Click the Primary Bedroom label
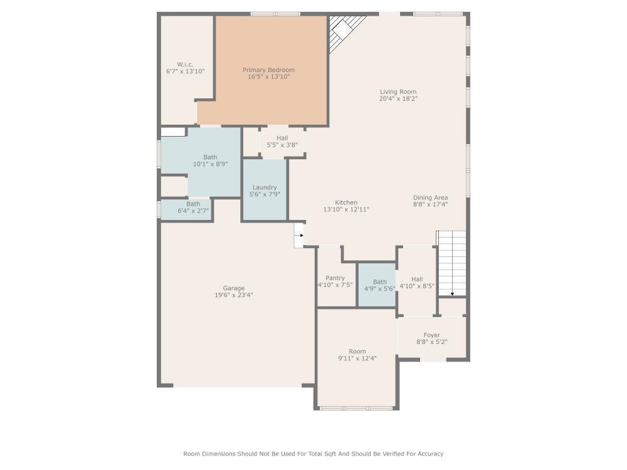pyautogui.click(x=268, y=70)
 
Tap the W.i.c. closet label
pyautogui.click(x=184, y=64)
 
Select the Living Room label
pyautogui.click(x=398, y=91)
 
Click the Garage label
pyautogui.click(x=233, y=288)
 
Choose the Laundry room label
pyautogui.click(x=265, y=187)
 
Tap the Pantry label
pyautogui.click(x=335, y=278)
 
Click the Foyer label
pyautogui.click(x=431, y=335)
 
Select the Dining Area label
pyautogui.click(x=430, y=197)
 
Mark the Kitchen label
pyautogui.click(x=346, y=202)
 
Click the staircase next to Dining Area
pyautogui.click(x=452, y=263)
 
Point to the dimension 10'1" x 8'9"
pyautogui.click(x=210, y=164)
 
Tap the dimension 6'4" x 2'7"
pyautogui.click(x=193, y=211)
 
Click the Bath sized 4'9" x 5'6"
pyautogui.click(x=379, y=282)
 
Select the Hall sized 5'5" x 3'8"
pyautogui.click(x=282, y=138)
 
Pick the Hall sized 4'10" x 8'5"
pyautogui.click(x=417, y=279)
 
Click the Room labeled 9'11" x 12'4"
pyautogui.click(x=357, y=352)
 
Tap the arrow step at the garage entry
pyautogui.click(x=298, y=236)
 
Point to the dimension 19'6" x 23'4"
pyautogui.click(x=233, y=295)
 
